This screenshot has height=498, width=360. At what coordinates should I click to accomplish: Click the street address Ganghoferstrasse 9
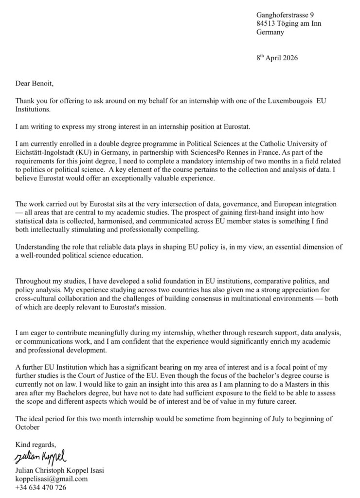[285, 15]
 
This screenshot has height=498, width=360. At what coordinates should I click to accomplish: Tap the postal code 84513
[266, 24]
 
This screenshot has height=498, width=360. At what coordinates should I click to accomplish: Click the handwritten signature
[40, 457]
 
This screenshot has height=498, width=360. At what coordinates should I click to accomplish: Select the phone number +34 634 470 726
[40, 487]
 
